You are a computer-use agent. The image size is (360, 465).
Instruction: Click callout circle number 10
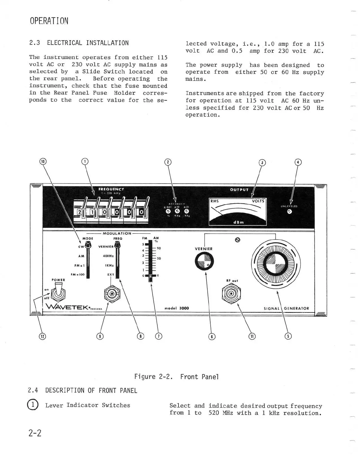tap(43, 161)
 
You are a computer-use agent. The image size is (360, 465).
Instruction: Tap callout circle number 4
tap(298, 162)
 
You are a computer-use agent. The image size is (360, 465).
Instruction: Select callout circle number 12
tap(43, 336)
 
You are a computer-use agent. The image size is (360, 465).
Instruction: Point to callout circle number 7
tap(159, 336)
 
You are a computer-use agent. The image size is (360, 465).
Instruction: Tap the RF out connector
tap(231, 293)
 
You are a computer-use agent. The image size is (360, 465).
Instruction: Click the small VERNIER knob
tap(204, 261)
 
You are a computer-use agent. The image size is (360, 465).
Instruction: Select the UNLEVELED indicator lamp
tap(289, 212)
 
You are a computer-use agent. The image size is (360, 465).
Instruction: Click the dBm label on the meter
tap(238, 222)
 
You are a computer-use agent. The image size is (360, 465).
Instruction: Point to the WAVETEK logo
tap(69, 307)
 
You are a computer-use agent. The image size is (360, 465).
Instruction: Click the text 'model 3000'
tap(176, 308)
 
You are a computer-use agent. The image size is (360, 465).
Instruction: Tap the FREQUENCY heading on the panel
tap(111, 189)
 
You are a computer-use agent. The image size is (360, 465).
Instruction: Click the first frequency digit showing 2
tap(79, 212)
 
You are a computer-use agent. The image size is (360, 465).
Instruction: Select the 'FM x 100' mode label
tap(78, 274)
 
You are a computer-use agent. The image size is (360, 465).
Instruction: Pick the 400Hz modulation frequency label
tap(108, 256)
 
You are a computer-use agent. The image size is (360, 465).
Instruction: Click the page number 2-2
tap(35, 433)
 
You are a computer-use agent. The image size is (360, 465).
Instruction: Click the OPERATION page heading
tap(49, 21)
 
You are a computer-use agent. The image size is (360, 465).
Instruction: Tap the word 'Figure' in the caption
tap(145, 377)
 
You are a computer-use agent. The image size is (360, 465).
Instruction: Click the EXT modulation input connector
tap(112, 294)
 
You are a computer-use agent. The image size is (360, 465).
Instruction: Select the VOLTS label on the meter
tap(258, 201)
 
